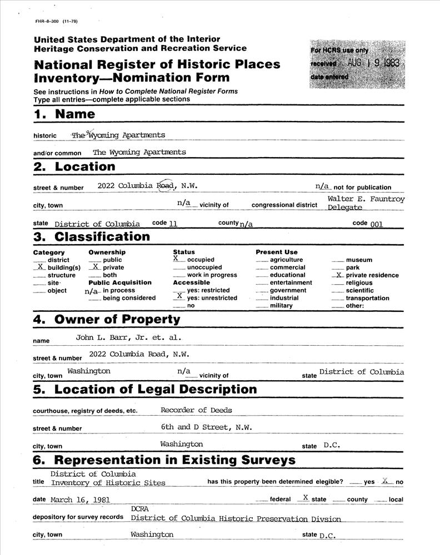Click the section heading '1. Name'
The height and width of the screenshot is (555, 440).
(64, 115)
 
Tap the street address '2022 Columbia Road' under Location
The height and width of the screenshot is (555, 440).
(136, 185)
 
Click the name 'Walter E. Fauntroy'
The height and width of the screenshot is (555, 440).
(366, 199)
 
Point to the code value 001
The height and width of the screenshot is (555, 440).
(376, 224)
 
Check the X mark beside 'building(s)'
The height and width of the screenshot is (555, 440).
(40, 266)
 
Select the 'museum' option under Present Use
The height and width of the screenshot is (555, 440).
(359, 260)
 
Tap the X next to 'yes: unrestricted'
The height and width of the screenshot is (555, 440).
(179, 296)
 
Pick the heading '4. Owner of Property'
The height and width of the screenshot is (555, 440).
(107, 320)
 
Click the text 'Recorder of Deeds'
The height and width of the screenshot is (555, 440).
(196, 410)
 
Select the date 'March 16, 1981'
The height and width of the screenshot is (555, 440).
(80, 500)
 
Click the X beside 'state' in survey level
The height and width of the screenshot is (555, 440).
(305, 497)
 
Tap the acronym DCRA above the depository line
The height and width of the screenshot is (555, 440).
(140, 508)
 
